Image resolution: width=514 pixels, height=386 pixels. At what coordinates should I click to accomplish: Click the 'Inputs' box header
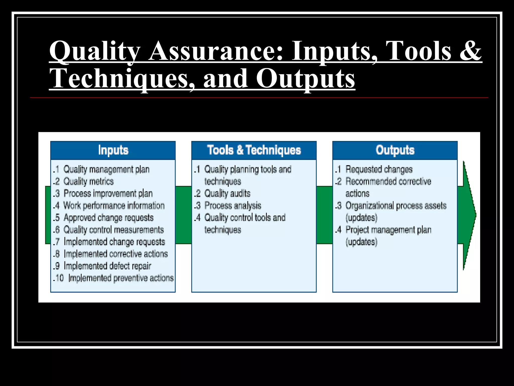coord(113,150)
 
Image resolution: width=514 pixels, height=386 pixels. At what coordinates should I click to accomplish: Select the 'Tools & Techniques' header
coord(254,150)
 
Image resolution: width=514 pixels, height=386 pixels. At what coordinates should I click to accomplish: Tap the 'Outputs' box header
coord(395,150)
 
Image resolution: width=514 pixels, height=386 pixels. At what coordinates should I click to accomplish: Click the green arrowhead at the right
coord(469,215)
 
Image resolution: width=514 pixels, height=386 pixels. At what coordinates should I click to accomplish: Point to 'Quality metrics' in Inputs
coord(88,181)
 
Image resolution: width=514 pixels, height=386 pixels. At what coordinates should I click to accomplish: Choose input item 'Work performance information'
coord(114,206)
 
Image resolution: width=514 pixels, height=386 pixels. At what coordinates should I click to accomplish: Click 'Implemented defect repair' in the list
coord(107,266)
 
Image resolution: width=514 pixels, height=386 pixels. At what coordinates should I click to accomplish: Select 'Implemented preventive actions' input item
coord(121,278)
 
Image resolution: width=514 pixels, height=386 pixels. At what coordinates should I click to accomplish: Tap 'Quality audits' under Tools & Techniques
coord(227,194)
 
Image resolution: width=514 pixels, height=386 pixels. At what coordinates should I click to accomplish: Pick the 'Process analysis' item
coord(233,206)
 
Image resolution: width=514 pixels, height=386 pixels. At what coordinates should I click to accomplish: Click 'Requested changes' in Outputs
coord(379,169)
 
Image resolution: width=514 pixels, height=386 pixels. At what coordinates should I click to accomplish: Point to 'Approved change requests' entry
coord(108,218)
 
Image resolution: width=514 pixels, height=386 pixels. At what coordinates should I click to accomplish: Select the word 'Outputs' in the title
coord(305,78)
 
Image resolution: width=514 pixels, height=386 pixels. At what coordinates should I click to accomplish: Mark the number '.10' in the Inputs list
coord(59,278)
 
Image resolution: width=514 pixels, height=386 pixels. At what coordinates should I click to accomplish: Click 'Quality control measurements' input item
coord(113,230)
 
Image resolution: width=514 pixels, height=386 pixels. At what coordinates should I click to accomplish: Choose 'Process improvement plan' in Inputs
coord(108,194)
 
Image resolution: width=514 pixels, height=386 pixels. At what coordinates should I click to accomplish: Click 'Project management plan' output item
coord(388,230)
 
